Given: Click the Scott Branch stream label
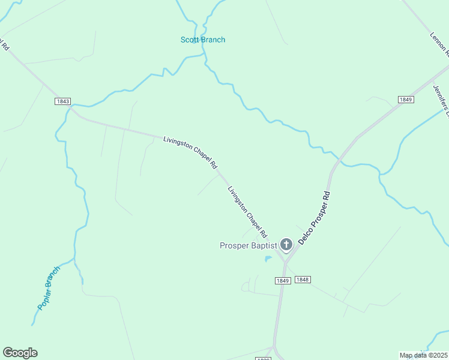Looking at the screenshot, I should [203, 40].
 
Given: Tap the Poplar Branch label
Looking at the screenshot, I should [49, 288].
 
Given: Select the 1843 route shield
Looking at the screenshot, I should [63, 101].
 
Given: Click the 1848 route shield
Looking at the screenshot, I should [303, 280].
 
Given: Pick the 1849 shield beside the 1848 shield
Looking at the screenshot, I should [283, 281].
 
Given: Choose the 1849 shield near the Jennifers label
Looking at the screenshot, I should [406, 99].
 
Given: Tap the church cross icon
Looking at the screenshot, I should [286, 244].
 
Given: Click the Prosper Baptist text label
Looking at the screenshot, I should [248, 245].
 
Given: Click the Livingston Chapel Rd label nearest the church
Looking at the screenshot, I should [247, 211].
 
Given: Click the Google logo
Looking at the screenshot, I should [20, 353].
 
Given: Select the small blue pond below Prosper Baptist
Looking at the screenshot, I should [268, 259].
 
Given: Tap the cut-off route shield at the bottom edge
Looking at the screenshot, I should [264, 358].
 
